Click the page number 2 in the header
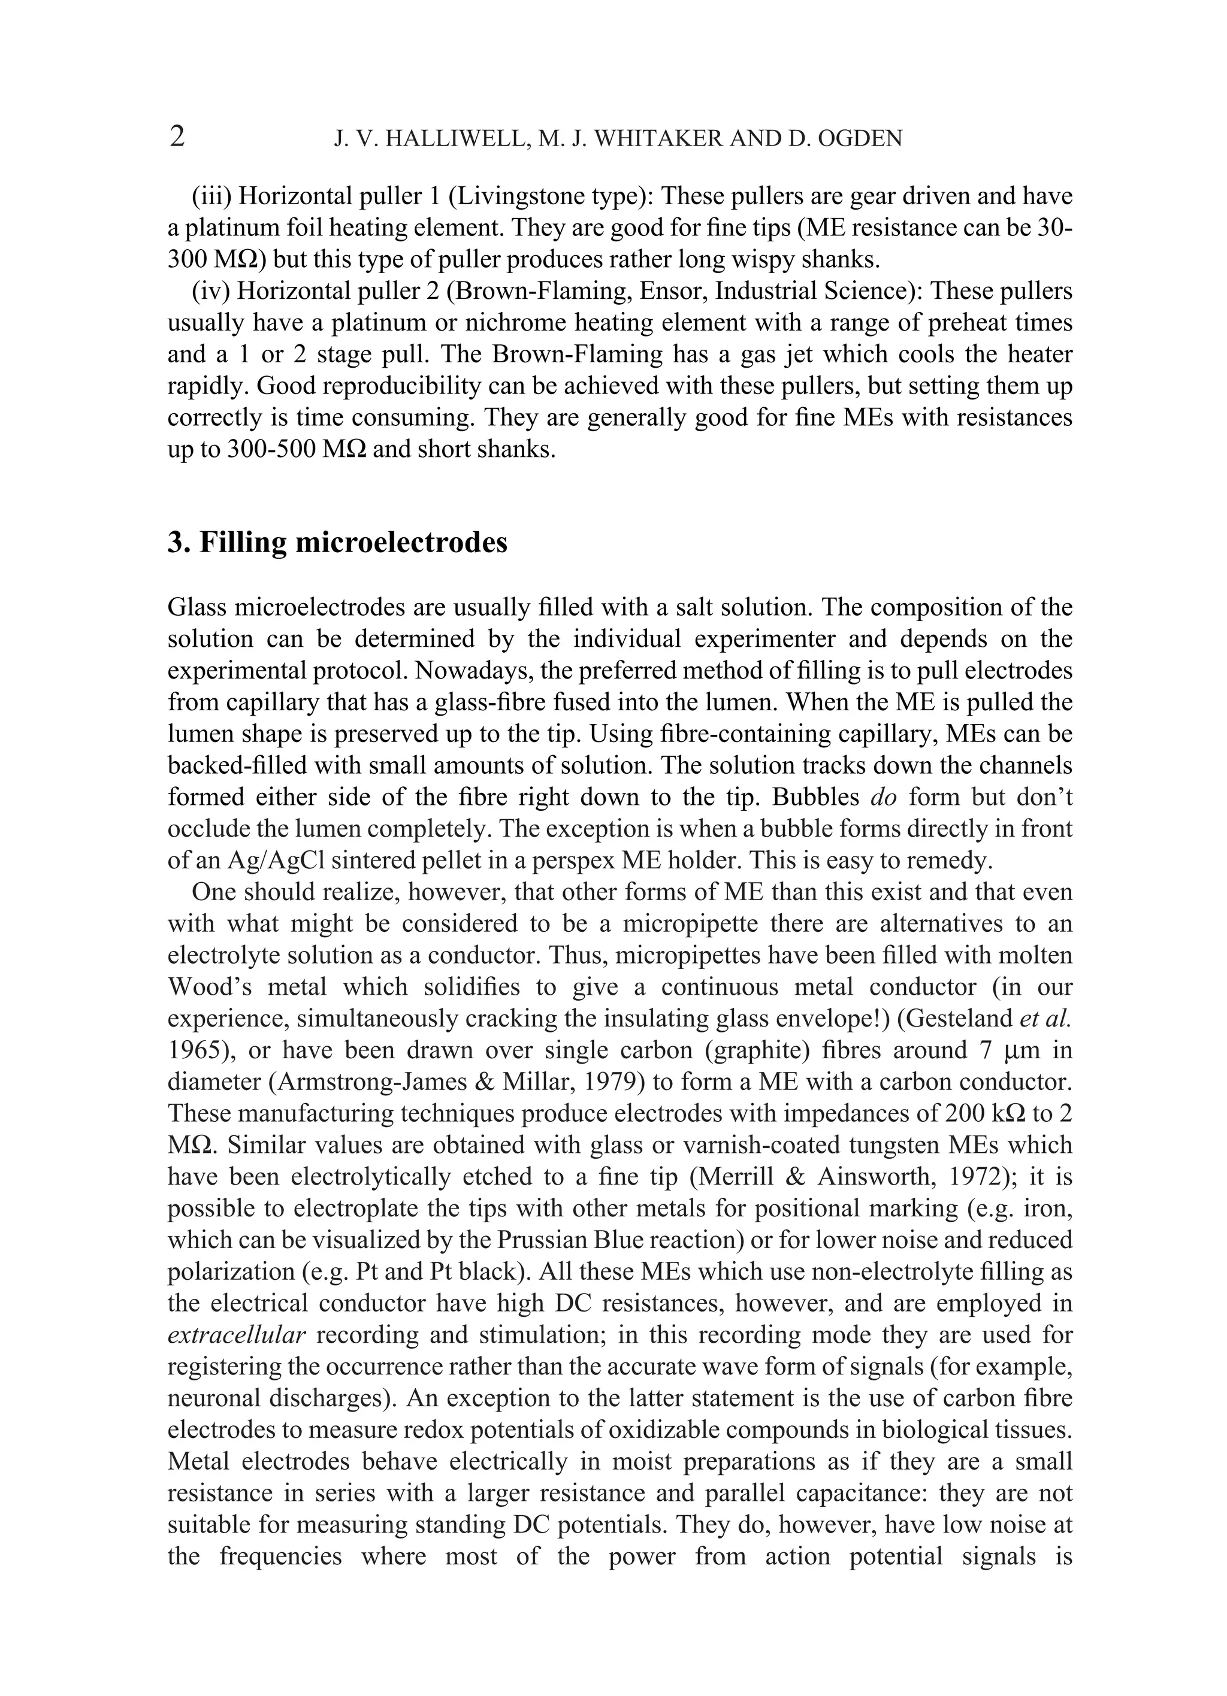click(x=177, y=137)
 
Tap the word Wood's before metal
click(x=210, y=986)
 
